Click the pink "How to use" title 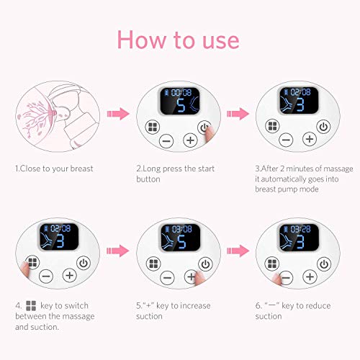point(178,40)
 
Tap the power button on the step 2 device point(204,127)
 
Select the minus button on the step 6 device point(286,278)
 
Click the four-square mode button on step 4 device point(32,262)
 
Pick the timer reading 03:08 point(182,229)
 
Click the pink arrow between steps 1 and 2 point(118,114)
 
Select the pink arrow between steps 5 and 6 point(238,251)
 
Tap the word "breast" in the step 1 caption point(81,168)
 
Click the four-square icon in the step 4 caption point(31,306)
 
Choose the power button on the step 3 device point(323,127)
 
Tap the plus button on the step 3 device point(310,139)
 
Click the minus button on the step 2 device point(166,140)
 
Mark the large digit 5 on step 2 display point(181,105)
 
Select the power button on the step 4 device point(84,263)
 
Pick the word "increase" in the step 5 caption point(195,305)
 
